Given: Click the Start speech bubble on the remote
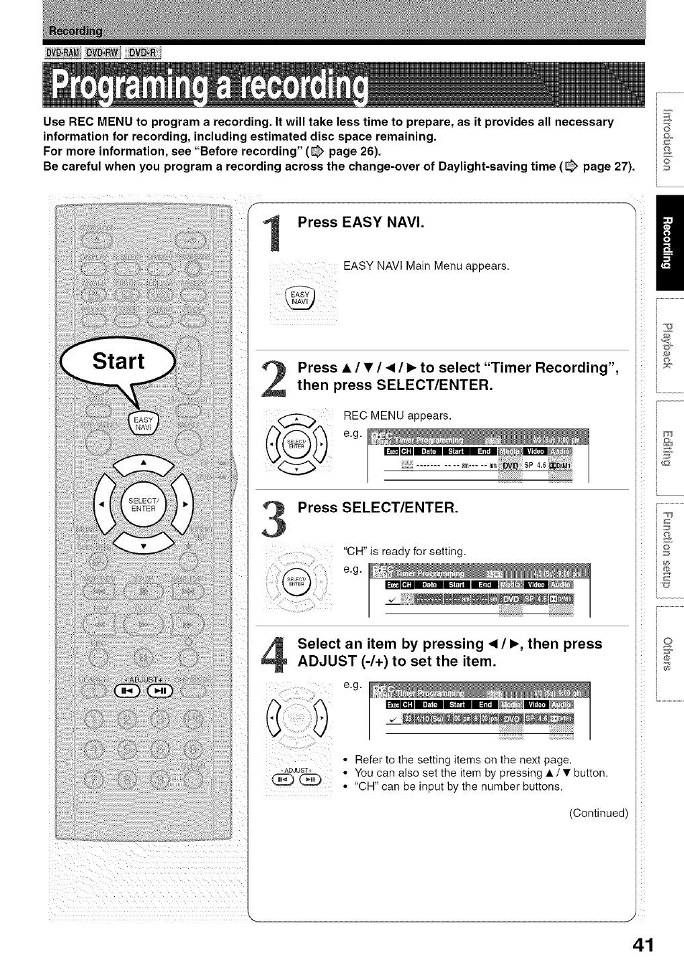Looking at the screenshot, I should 118,362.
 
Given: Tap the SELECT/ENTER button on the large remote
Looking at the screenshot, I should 142,503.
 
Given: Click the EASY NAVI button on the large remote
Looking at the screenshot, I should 142,425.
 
